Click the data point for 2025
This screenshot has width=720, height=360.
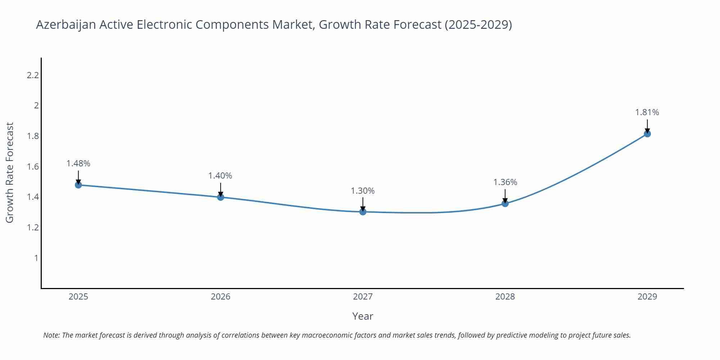pyautogui.click(x=78, y=185)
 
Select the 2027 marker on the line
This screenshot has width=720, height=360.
pyautogui.click(x=363, y=212)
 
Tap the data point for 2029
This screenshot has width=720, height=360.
pyautogui.click(x=647, y=134)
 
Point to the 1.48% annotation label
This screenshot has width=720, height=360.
pyautogui.click(x=78, y=163)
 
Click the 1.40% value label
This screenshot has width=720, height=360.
pyautogui.click(x=220, y=176)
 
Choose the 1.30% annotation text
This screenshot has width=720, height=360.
pyautogui.click(x=363, y=191)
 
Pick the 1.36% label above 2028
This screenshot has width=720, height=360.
pyautogui.click(x=505, y=182)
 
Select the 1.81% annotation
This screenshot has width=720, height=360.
pyautogui.click(x=647, y=112)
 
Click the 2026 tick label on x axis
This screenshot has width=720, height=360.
pyautogui.click(x=220, y=297)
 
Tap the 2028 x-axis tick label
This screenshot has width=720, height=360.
pyautogui.click(x=505, y=297)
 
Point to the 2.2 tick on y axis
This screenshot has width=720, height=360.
pyautogui.click(x=33, y=75)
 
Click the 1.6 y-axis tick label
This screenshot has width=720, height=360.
pyautogui.click(x=33, y=167)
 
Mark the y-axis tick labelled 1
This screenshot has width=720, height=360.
pyautogui.click(x=36, y=258)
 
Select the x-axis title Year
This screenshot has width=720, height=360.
pyautogui.click(x=363, y=316)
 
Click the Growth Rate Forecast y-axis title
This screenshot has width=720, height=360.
pyautogui.click(x=10, y=172)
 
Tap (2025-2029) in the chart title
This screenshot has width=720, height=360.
pyautogui.click(x=478, y=24)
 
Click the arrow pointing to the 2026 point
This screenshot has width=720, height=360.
pyautogui.click(x=221, y=190)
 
